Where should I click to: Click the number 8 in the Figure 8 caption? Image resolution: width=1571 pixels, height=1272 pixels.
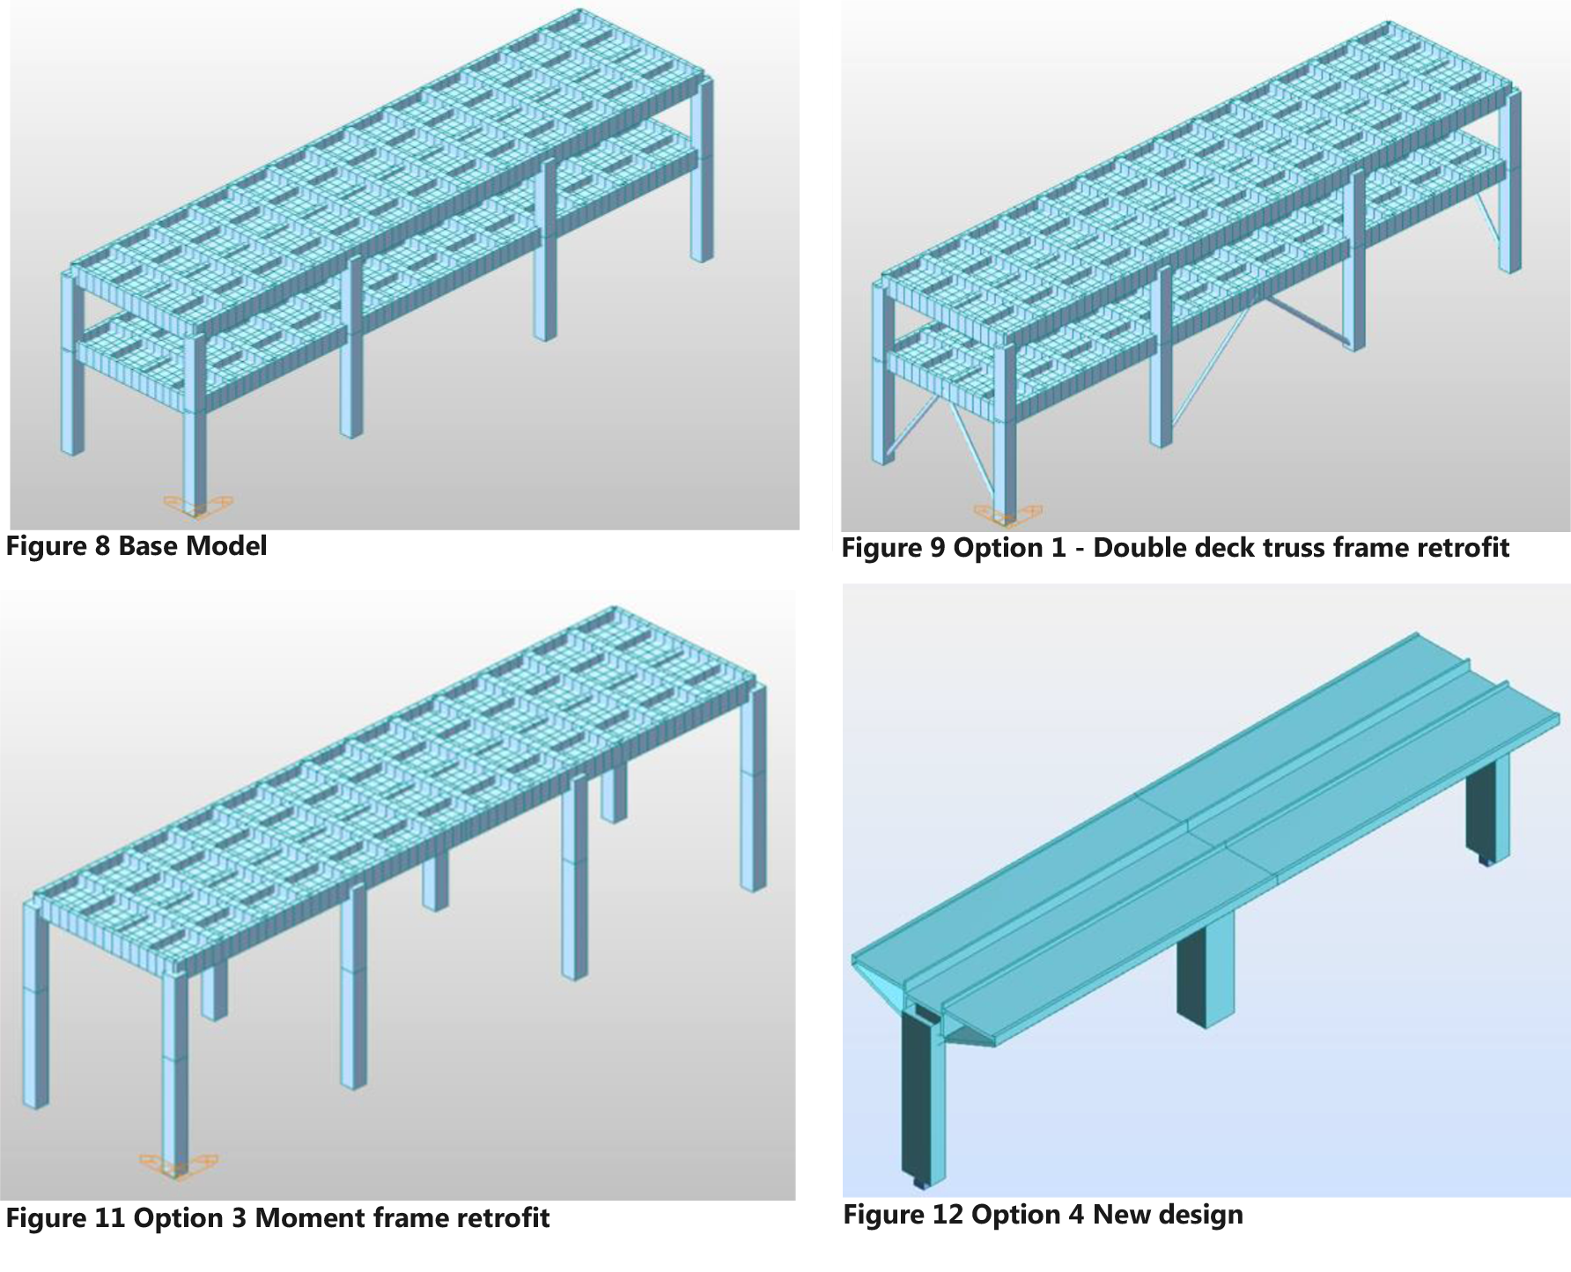101,546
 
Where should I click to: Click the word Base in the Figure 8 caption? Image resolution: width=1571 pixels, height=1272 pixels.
146,546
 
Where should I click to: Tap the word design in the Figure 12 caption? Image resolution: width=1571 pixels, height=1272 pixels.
1200,1216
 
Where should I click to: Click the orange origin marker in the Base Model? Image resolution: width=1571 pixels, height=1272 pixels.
198,506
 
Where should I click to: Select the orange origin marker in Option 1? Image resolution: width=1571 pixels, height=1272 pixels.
1008,514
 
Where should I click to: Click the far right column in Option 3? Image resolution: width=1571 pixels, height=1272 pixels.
754,788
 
